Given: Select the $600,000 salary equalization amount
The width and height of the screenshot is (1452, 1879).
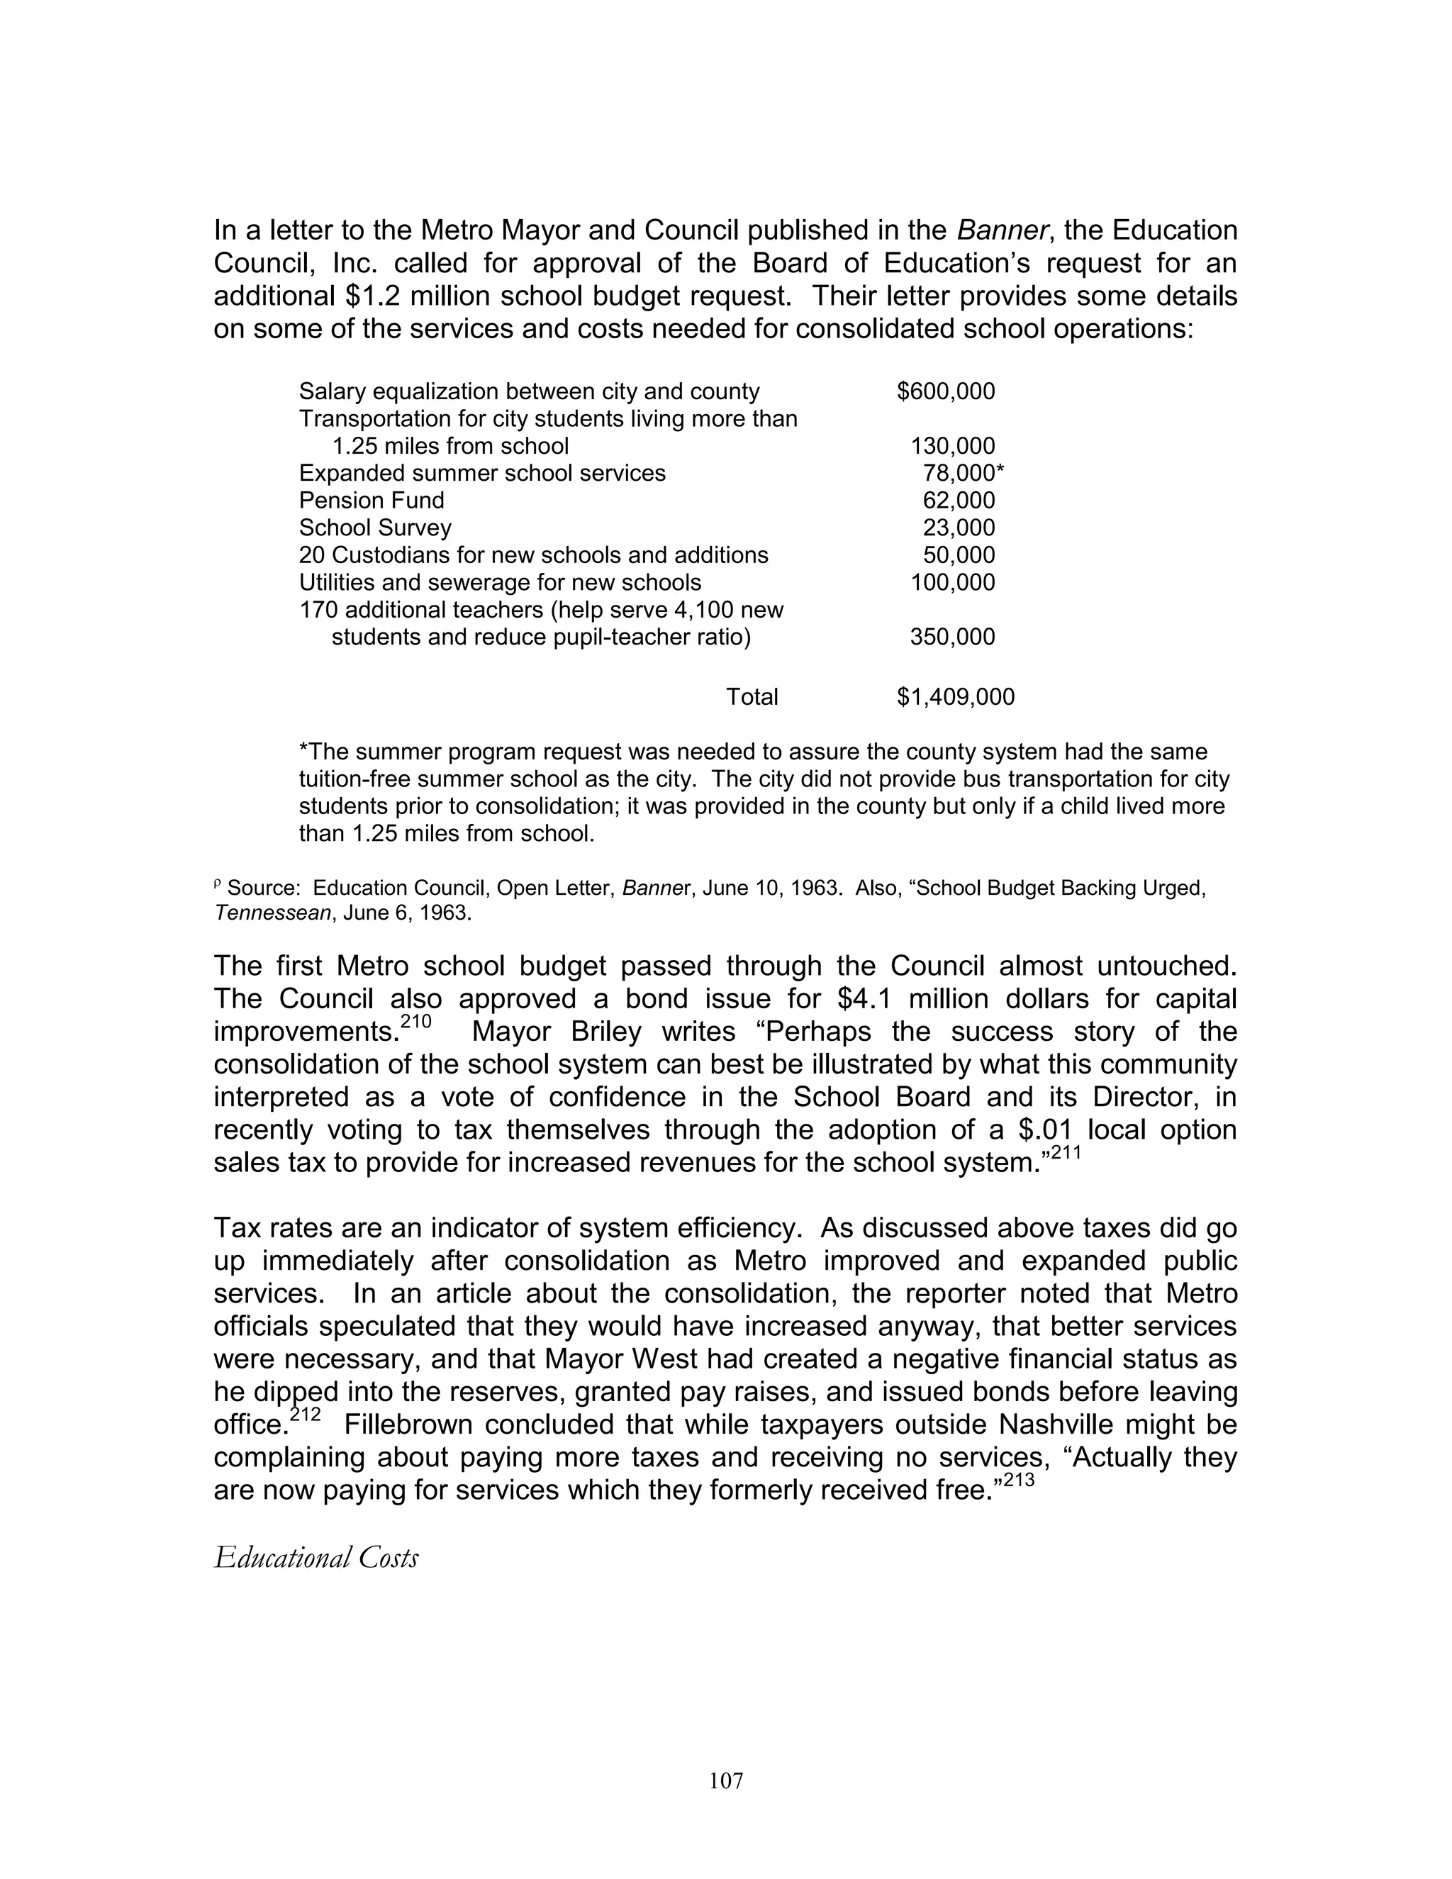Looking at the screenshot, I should click(x=945, y=391).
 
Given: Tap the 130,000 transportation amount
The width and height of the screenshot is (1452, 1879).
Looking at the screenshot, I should click(x=952, y=446).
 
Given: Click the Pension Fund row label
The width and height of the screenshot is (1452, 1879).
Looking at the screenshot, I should click(x=372, y=501).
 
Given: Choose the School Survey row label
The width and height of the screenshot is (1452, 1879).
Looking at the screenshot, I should click(x=375, y=528).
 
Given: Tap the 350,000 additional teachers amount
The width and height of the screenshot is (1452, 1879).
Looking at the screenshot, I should click(x=952, y=637).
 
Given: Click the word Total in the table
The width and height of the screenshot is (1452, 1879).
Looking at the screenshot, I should click(x=752, y=697).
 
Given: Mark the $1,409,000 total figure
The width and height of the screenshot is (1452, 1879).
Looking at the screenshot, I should click(x=956, y=697).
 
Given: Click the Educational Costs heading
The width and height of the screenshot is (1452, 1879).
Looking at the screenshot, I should click(x=315, y=1558).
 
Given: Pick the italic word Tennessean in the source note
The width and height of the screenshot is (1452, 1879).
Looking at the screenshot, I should click(x=272, y=913).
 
